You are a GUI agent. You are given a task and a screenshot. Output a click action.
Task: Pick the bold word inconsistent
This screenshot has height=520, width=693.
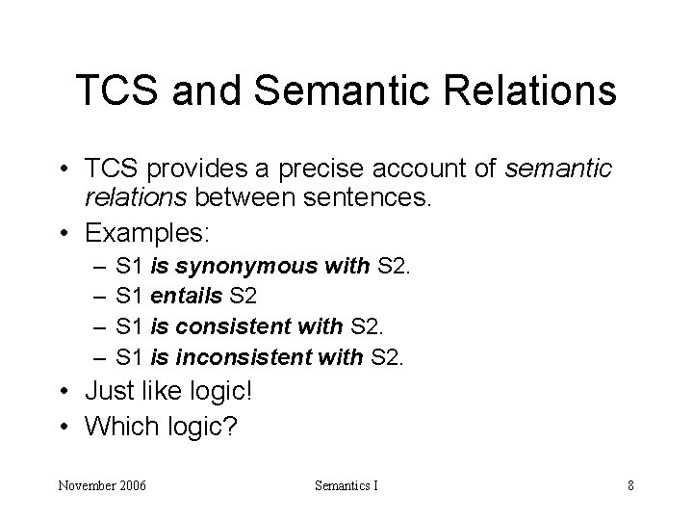coord(256,358)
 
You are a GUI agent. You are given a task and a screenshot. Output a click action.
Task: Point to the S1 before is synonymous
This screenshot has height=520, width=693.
coord(128,267)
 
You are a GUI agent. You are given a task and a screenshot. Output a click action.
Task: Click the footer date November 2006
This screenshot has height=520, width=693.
coord(101,485)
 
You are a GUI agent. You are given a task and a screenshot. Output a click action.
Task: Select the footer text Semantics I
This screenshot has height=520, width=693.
coord(346,485)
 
